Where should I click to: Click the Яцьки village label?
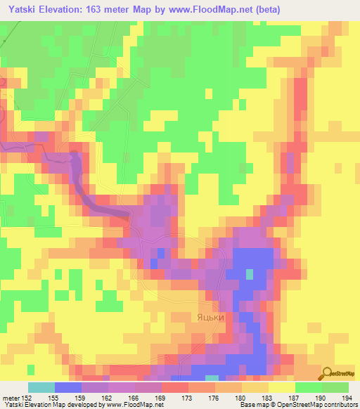210,318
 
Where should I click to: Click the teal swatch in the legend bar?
41,387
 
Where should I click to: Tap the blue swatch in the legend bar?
68,387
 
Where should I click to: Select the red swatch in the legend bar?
175,387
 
